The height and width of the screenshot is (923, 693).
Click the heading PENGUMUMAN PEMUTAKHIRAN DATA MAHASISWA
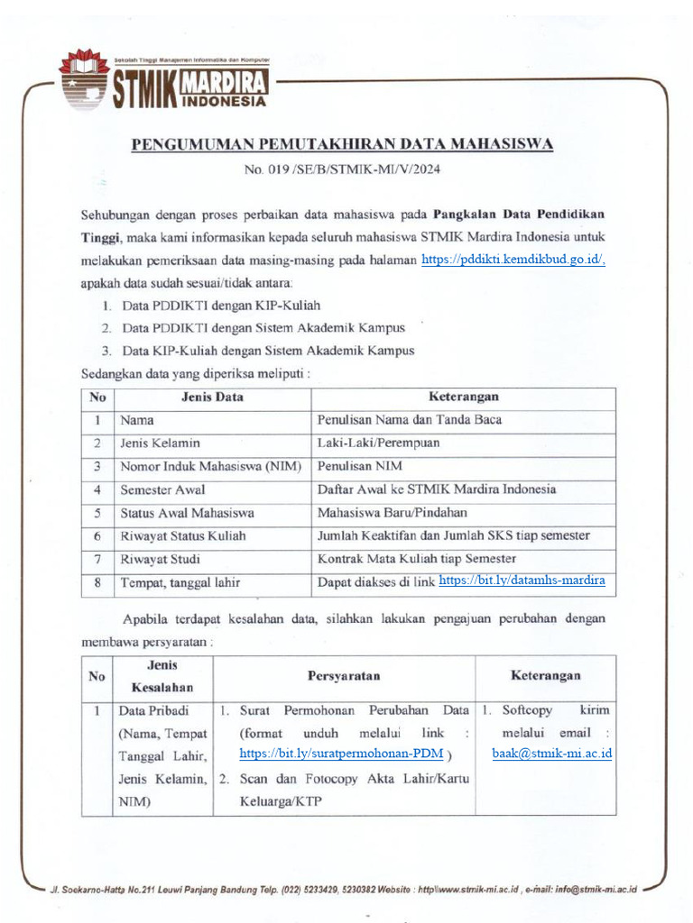343,144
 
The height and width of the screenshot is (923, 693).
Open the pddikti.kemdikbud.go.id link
513,260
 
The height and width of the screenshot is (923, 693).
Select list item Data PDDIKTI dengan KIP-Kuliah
221,306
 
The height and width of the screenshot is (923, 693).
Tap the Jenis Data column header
212,397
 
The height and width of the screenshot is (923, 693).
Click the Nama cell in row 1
137,420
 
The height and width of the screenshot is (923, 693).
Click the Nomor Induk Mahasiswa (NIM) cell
211,467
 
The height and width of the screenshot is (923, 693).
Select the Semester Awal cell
162,490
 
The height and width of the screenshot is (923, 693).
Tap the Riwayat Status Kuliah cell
183,536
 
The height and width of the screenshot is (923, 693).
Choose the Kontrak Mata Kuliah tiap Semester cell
417,559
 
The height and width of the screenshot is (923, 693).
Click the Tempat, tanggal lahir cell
180,583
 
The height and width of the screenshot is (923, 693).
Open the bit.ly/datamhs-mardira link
522,581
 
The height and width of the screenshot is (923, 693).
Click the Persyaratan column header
344,676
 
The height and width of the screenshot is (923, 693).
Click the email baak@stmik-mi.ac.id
552,754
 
